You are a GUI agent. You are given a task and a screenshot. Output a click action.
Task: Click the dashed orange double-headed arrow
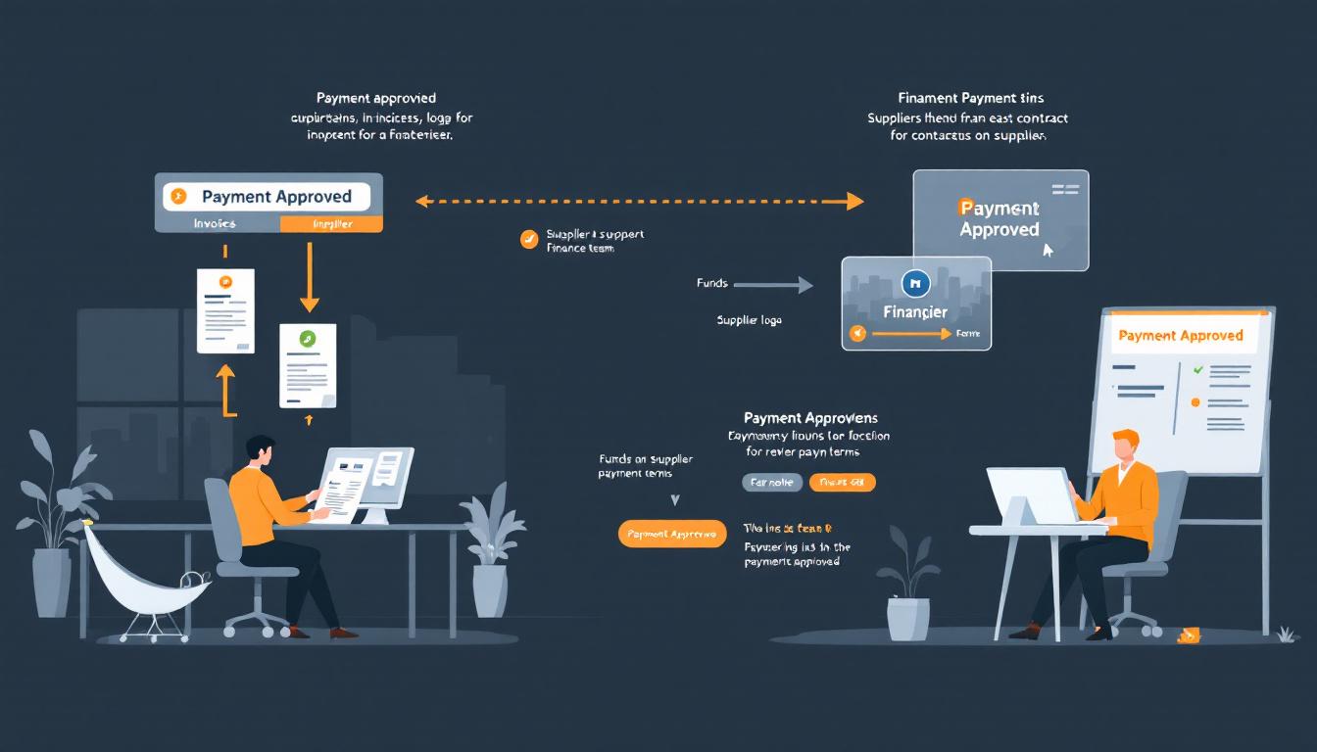639,202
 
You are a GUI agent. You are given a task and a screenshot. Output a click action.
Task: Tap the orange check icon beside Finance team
528,238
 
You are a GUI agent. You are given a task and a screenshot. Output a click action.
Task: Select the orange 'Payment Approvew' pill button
672,534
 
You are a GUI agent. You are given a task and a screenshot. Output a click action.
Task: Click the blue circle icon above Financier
914,283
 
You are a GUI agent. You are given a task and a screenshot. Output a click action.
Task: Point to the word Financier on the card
915,311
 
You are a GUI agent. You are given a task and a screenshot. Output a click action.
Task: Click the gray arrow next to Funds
773,285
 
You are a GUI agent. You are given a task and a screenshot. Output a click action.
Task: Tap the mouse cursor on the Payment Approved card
1049,250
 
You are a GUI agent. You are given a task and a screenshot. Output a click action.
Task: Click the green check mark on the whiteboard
1196,370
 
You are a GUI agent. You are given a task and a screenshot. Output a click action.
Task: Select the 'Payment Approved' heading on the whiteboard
1180,335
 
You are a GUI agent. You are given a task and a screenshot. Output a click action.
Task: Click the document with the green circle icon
308,365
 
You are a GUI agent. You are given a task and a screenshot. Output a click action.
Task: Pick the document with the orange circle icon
225,310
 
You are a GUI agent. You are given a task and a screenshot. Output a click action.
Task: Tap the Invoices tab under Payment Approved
215,223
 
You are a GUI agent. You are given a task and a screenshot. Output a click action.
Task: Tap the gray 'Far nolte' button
772,482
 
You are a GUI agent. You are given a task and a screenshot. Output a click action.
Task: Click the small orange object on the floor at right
1189,635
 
